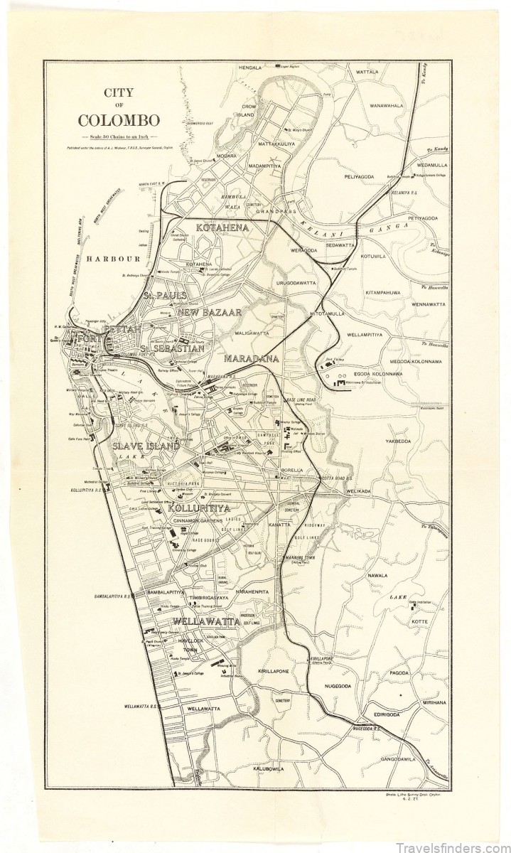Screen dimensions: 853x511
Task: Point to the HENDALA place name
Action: tap(251, 68)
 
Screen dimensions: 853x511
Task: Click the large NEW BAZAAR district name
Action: tap(210, 312)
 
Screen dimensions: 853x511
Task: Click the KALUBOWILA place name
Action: tap(264, 768)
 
